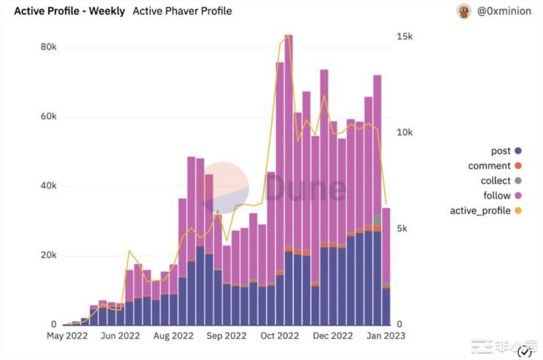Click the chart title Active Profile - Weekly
pos(64,11)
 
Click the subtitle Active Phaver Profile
pos(182,11)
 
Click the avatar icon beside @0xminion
pos(464,11)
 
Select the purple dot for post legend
pos(517,151)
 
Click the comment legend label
pos(489,166)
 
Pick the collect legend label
pos(495,181)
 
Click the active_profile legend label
pos(480,211)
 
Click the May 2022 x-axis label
pos(67,337)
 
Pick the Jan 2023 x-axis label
pos(384,337)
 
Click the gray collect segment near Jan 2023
pos(377,220)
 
